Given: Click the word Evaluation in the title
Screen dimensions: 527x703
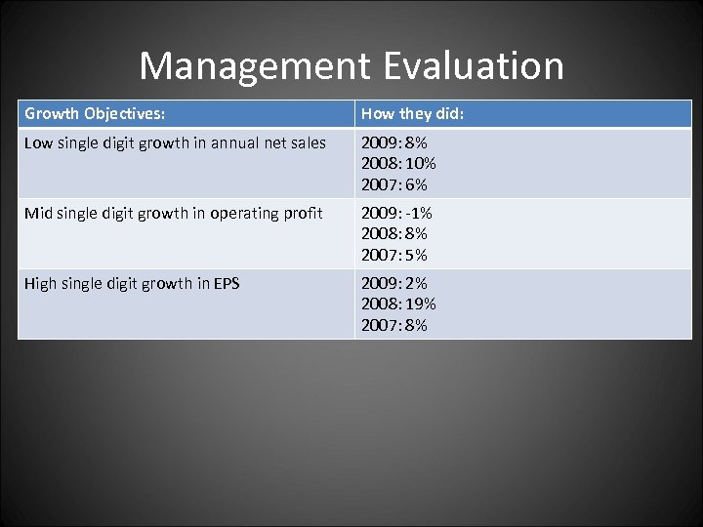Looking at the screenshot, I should [x=474, y=66].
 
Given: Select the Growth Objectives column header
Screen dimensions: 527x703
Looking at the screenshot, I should [x=95, y=114].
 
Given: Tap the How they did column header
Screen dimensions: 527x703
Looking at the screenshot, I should [x=413, y=114].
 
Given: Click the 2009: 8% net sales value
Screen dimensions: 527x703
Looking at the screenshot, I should [x=394, y=142].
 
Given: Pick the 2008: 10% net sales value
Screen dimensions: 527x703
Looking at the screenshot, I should [x=398, y=163].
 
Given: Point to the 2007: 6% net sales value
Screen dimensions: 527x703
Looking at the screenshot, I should [x=394, y=184].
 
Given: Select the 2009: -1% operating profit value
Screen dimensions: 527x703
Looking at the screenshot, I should [x=396, y=213].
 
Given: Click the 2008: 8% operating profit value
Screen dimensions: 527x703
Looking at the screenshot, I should [x=394, y=233].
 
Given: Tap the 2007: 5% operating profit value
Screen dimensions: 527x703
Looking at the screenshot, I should [x=394, y=255].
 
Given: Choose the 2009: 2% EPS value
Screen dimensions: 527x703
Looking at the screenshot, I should [x=394, y=283].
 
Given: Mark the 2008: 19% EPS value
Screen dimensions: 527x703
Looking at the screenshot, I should [x=398, y=304].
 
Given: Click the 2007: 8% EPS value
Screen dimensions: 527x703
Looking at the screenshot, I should [x=394, y=325].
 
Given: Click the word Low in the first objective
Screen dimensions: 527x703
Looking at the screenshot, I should [x=38, y=142].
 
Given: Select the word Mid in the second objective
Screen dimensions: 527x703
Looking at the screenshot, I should [x=38, y=213].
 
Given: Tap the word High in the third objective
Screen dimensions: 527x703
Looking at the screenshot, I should [x=41, y=283].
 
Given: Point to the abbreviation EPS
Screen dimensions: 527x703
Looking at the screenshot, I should [x=224, y=283].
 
